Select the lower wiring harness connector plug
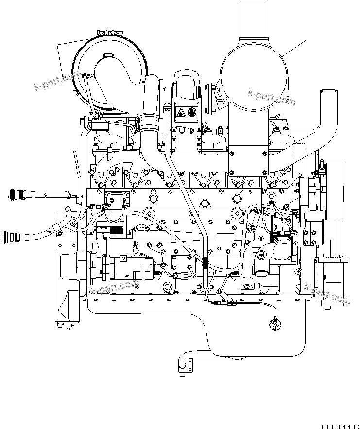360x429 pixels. pyautogui.click(x=12, y=238)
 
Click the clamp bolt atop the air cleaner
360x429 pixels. pyautogui.click(x=108, y=33)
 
